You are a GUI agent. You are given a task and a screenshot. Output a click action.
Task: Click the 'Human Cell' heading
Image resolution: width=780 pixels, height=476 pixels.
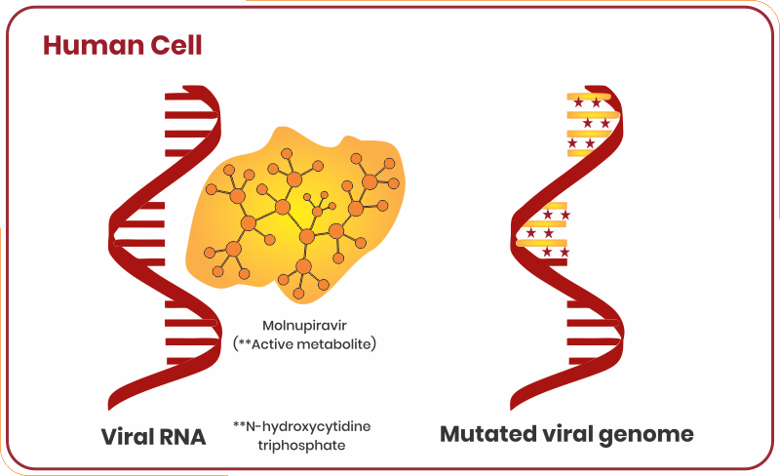[122, 46]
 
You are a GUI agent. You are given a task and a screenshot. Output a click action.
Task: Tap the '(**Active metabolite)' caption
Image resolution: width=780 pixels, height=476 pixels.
[304, 344]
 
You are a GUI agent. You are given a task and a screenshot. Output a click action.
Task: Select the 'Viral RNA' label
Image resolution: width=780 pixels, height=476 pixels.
[154, 436]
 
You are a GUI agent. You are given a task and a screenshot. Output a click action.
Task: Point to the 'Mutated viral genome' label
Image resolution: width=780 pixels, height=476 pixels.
[566, 434]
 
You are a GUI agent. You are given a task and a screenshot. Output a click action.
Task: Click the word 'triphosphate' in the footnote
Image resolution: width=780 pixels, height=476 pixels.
[303, 445]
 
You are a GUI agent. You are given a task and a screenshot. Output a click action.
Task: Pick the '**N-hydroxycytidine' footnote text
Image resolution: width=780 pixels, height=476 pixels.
[302, 426]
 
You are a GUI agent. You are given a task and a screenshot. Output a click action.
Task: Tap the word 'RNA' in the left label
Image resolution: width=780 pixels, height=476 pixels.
[182, 436]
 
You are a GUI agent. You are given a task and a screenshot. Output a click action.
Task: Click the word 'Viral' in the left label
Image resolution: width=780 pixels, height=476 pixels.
[128, 436]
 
